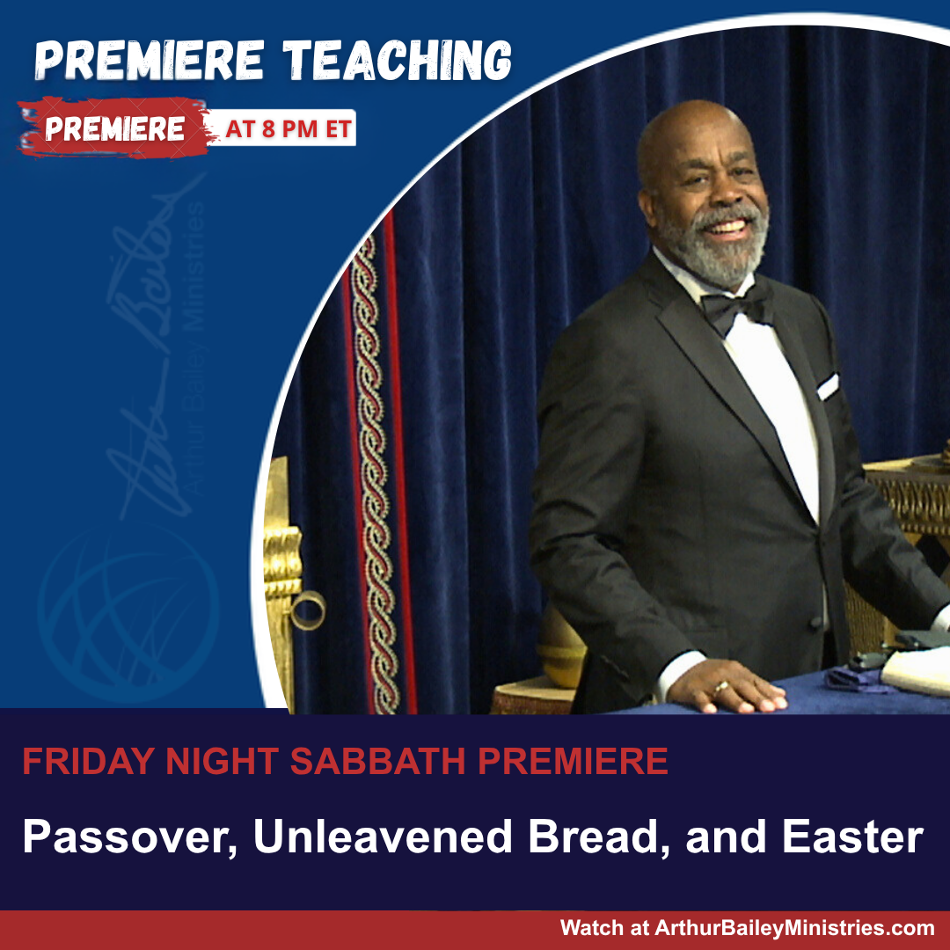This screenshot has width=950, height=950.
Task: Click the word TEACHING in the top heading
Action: [x=397, y=61]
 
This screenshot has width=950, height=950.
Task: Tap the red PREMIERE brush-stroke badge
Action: [x=113, y=128]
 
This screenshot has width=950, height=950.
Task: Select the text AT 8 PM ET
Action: [x=289, y=128]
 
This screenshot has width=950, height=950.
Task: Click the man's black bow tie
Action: [x=734, y=308]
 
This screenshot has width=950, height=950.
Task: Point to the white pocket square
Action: [x=828, y=386]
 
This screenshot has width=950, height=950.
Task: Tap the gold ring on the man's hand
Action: [x=720, y=687]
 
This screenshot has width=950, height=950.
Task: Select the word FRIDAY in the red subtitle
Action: [x=89, y=761]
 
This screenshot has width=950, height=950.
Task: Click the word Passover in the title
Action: [x=129, y=837]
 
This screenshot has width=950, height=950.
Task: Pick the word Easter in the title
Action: [x=853, y=837]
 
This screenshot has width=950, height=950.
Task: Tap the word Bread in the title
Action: [x=599, y=837]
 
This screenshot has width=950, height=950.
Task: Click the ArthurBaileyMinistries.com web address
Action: [x=794, y=928]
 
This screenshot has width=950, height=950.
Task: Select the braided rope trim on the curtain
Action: [x=373, y=472]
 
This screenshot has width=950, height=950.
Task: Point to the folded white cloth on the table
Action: [x=916, y=673]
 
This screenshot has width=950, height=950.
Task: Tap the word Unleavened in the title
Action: [x=383, y=837]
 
